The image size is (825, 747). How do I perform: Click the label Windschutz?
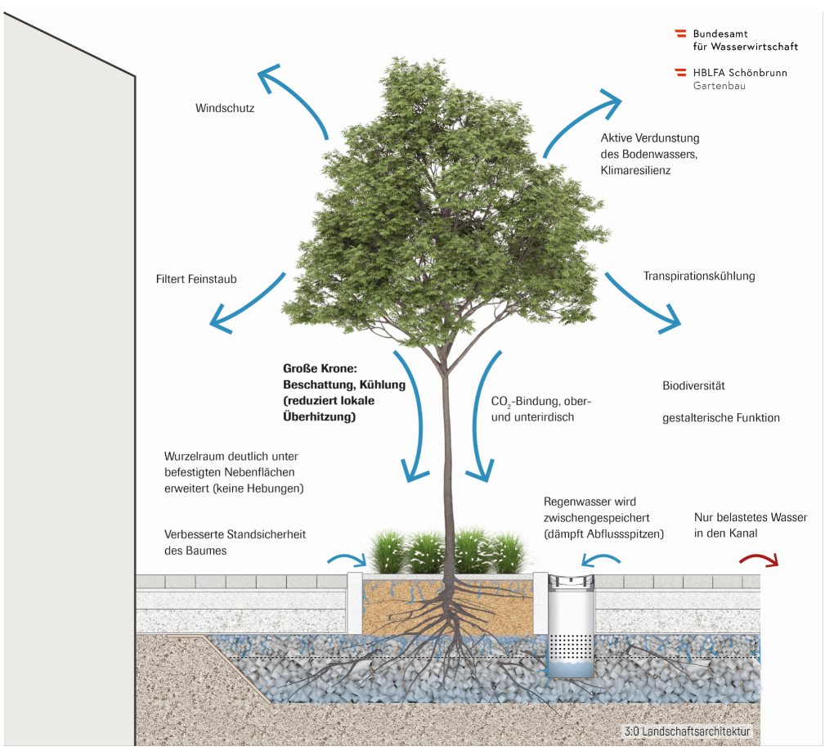pyautogui.click(x=225, y=108)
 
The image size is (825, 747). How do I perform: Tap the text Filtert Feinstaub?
pyautogui.click(x=196, y=279)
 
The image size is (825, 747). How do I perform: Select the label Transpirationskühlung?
pyautogui.click(x=698, y=276)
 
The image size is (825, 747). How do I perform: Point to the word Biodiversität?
pyautogui.click(x=693, y=385)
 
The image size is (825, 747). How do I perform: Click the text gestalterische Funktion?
pyautogui.click(x=720, y=418)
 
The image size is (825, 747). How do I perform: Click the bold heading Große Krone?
pyautogui.click(x=315, y=369)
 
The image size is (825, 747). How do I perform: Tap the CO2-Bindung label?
pyautogui.click(x=540, y=402)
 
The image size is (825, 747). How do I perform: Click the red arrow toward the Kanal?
pyautogui.click(x=758, y=560)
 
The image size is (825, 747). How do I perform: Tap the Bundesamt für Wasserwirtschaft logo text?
pyautogui.click(x=744, y=40)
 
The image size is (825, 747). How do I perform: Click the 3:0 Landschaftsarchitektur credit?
pyautogui.click(x=685, y=731)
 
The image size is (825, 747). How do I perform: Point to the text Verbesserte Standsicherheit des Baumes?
pyautogui.click(x=235, y=542)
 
